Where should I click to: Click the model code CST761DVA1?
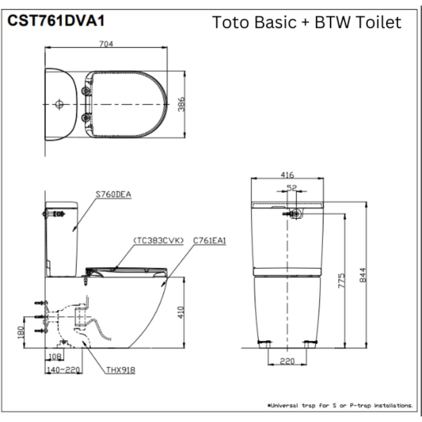pyautogui.click(x=56, y=21)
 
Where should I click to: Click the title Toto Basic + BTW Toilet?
pyautogui.click(x=306, y=22)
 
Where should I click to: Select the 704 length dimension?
pyautogui.click(x=106, y=44)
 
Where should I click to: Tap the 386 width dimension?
pyautogui.click(x=181, y=104)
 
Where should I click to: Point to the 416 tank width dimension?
pyautogui.click(x=287, y=174)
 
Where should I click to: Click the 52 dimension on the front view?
pyautogui.click(x=292, y=188)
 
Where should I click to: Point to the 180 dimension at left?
pyautogui.click(x=21, y=332)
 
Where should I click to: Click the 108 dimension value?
pyautogui.click(x=54, y=357)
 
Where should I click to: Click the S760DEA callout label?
pyautogui.click(x=113, y=194)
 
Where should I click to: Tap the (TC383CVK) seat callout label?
pyautogui.click(x=158, y=240)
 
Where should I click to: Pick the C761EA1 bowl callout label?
pyautogui.click(x=210, y=240)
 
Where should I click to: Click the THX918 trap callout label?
pyautogui.click(x=121, y=370)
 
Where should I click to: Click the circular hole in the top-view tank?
pyautogui.click(x=59, y=104)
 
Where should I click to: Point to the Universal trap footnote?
pyautogui.click(x=340, y=405)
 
